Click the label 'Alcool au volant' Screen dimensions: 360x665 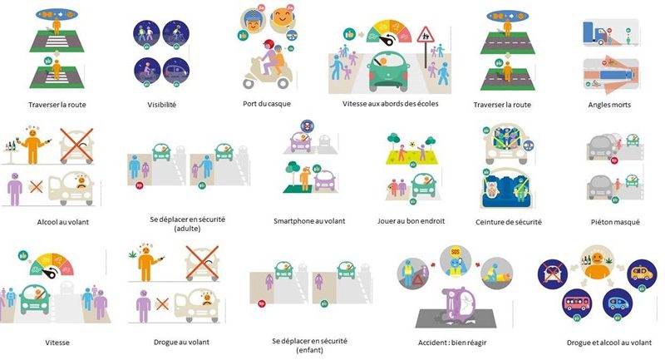click(41, 222)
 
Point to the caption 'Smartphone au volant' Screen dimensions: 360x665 click(309, 221)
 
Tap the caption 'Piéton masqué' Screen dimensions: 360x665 click(613, 222)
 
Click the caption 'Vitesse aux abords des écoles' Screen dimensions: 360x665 click(390, 104)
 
